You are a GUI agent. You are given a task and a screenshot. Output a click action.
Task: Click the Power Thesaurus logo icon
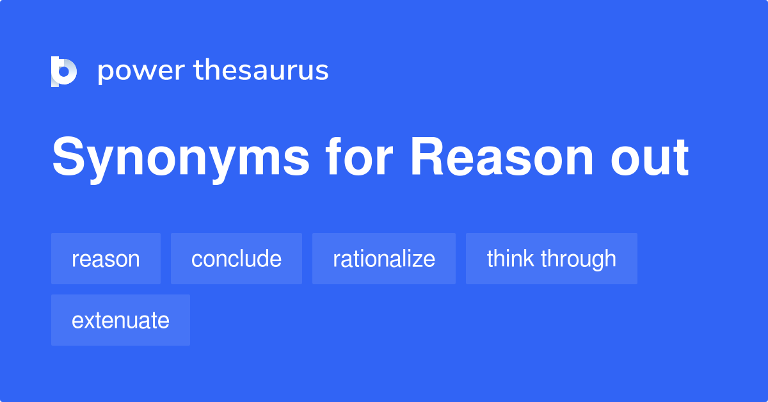pyautogui.click(x=64, y=71)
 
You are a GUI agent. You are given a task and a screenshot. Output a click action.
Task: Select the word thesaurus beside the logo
pyautogui.click(x=261, y=71)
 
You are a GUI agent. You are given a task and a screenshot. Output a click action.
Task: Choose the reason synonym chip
pyautogui.click(x=106, y=259)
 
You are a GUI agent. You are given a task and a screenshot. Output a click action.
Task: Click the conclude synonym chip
pyautogui.click(x=236, y=259)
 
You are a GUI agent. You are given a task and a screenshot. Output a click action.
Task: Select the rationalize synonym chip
pyautogui.click(x=384, y=259)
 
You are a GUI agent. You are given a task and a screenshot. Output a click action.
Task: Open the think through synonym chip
pyautogui.click(x=551, y=259)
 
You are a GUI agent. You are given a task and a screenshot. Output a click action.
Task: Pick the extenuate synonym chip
pyautogui.click(x=120, y=320)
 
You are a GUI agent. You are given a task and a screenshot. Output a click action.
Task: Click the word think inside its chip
pyautogui.click(x=511, y=259)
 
